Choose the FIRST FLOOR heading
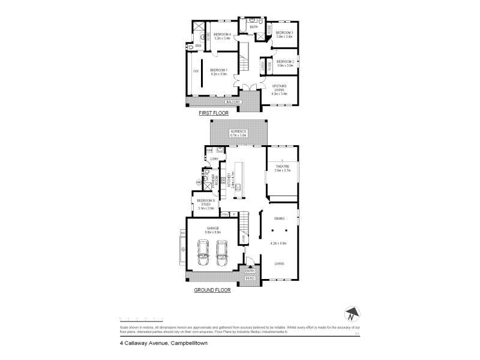[x=214, y=113]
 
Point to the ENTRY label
[x=250, y=271]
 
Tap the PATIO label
[x=250, y=279]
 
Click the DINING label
[x=279, y=219]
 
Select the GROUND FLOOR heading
[x=212, y=290]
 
